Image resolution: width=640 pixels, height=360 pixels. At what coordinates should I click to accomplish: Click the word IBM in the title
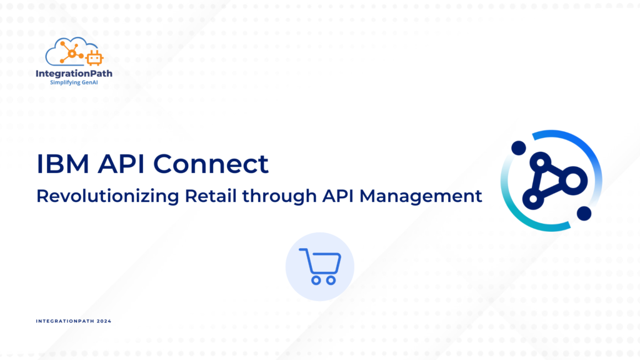63,164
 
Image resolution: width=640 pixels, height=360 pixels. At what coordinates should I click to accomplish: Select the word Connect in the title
211,164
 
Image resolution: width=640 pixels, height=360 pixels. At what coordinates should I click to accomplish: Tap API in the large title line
121,164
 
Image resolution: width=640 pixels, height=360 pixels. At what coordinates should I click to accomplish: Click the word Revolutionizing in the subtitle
107,196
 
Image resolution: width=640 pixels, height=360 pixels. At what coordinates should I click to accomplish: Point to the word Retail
211,196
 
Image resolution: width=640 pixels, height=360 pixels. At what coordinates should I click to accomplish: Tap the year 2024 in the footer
104,321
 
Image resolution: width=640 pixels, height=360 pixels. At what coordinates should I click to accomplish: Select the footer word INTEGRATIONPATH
65,321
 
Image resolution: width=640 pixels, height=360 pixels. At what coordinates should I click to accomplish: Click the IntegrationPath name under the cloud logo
74,74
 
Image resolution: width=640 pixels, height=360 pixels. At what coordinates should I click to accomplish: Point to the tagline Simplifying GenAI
74,82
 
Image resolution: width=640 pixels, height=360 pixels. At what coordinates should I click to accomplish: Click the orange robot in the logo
94,58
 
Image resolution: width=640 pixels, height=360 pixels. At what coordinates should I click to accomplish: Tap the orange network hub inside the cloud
72,53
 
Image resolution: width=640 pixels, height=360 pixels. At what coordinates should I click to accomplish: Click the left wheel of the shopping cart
316,281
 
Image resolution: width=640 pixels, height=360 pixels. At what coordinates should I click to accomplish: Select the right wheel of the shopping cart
331,281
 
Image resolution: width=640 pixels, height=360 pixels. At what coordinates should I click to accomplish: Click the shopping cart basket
323,263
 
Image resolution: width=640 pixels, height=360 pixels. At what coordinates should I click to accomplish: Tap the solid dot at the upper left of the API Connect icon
519,147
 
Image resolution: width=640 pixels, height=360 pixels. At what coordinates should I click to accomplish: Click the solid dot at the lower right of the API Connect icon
584,214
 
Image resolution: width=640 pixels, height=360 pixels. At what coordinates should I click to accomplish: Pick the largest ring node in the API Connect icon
574,181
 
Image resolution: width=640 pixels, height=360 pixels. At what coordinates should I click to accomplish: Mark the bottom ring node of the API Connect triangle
533,199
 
